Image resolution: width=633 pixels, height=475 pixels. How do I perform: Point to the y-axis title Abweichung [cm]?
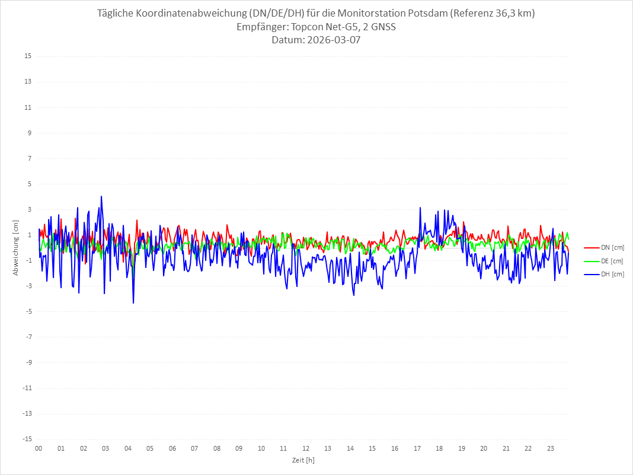pyautogui.click(x=16, y=247)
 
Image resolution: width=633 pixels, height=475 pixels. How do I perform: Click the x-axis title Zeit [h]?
pyautogui.click(x=303, y=460)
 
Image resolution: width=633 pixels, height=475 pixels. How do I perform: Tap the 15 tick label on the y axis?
pyautogui.click(x=28, y=56)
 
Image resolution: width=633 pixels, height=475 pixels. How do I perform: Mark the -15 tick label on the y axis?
pyautogui.click(x=27, y=439)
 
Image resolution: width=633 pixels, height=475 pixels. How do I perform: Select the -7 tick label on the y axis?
pyautogui.click(x=28, y=337)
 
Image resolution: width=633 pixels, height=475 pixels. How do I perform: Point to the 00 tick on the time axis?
pyautogui.click(x=39, y=448)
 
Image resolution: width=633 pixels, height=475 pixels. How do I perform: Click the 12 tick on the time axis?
pyautogui.click(x=306, y=448)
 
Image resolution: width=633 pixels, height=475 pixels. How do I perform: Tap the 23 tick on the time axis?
pyautogui.click(x=551, y=448)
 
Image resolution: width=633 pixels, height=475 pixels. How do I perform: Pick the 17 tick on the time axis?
pyautogui.click(x=417, y=448)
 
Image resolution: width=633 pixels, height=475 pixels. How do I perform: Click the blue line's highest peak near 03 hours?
pyautogui.click(x=101, y=196)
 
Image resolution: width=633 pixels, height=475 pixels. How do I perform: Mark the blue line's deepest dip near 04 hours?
pyautogui.click(x=133, y=303)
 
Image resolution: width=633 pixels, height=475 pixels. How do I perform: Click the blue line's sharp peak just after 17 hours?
pyautogui.click(x=420, y=208)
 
